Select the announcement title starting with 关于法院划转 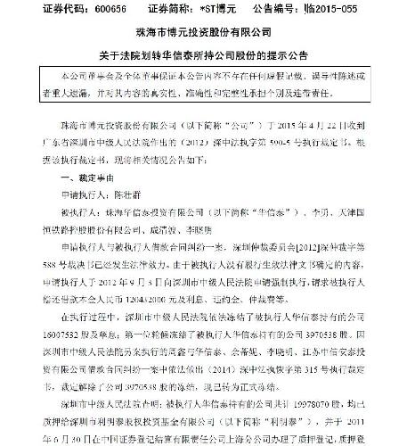pos(207,61)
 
